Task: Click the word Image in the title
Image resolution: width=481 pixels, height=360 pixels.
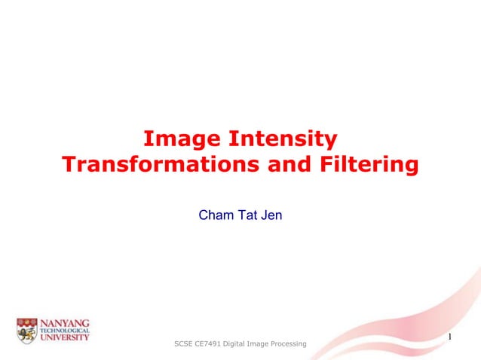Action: click(177, 139)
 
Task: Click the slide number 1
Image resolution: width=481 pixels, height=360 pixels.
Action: click(449, 336)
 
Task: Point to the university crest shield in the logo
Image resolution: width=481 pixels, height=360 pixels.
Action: click(27, 330)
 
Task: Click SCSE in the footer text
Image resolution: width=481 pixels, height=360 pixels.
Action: click(184, 344)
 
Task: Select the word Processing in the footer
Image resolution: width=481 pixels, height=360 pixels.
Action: click(290, 344)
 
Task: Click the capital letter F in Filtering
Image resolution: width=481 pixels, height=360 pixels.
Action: click(331, 165)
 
